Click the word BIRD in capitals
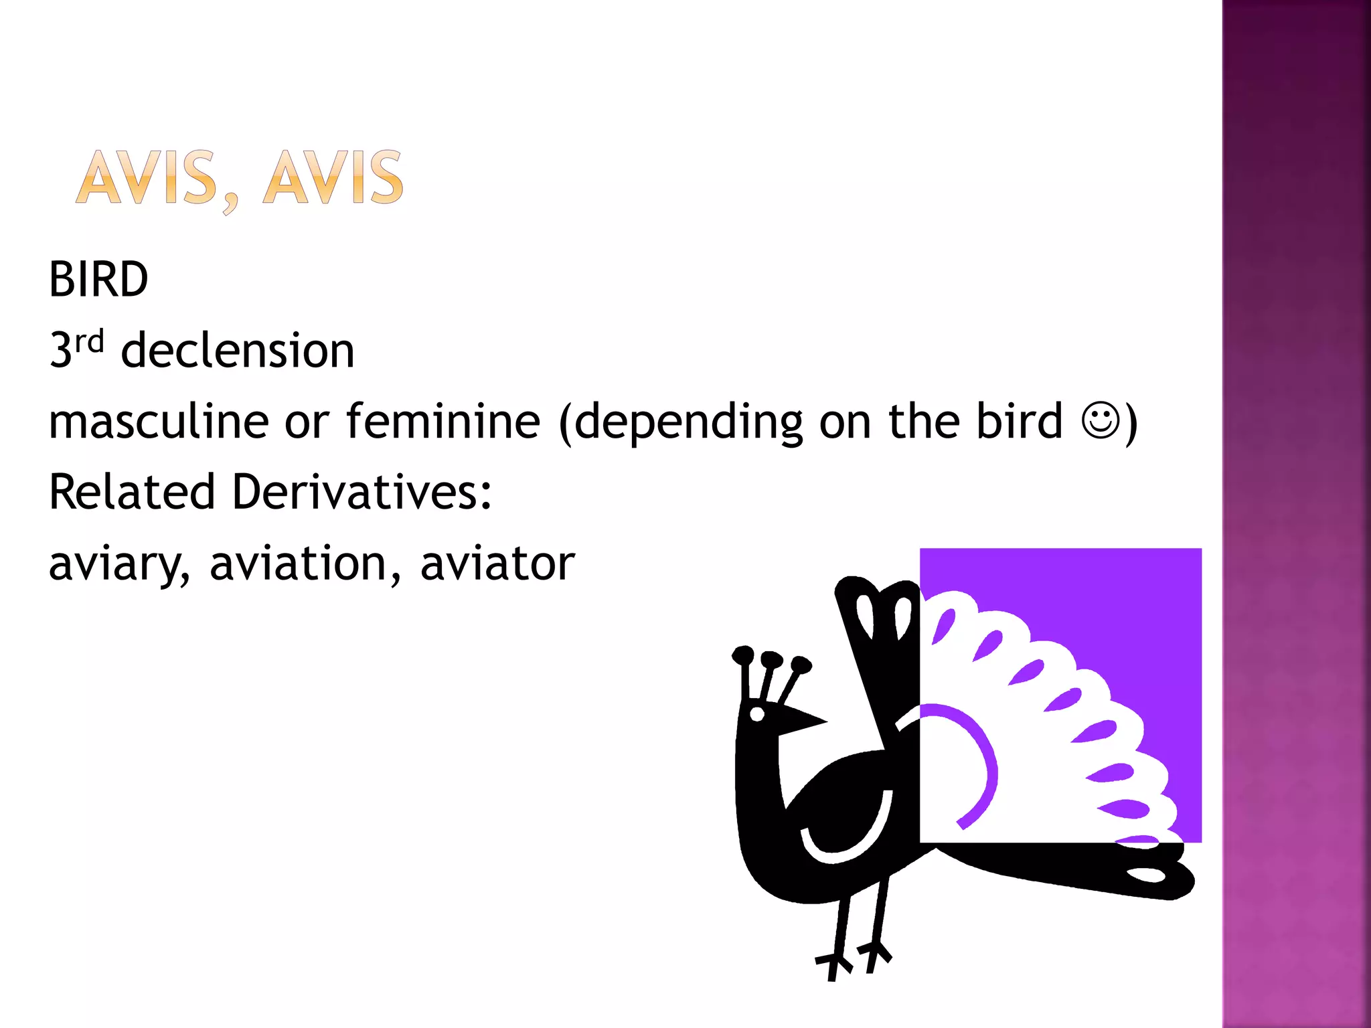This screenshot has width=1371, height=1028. (98, 279)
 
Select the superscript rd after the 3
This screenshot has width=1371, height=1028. (90, 341)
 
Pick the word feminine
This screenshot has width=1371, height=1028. (443, 421)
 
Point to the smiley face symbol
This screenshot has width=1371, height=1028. (1099, 420)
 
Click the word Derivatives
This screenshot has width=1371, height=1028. (361, 492)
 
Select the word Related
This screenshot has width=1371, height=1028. (131, 492)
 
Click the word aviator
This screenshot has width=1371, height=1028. (497, 563)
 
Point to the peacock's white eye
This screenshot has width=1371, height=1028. (757, 714)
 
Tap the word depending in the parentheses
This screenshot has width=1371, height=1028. (688, 422)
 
